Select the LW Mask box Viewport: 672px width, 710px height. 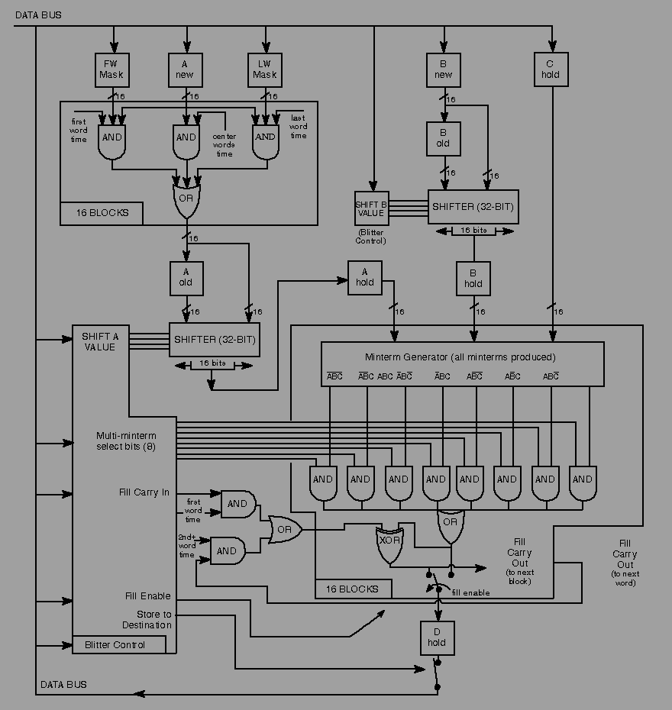click(x=264, y=69)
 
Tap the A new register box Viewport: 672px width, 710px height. click(x=186, y=69)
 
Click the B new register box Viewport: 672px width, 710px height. click(x=443, y=69)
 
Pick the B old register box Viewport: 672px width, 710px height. click(x=443, y=138)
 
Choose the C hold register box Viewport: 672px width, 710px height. click(x=551, y=69)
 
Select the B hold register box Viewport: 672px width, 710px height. click(x=473, y=279)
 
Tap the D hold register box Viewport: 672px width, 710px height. click(x=438, y=637)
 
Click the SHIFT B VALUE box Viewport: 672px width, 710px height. click(x=371, y=208)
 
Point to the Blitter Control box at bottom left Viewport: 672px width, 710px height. click(x=119, y=644)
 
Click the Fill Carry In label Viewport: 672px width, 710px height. click(x=144, y=492)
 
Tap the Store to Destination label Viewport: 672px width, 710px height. click(x=147, y=619)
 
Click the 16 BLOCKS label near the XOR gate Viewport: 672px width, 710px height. click(x=353, y=589)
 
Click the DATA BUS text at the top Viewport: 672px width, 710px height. click(x=39, y=15)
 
